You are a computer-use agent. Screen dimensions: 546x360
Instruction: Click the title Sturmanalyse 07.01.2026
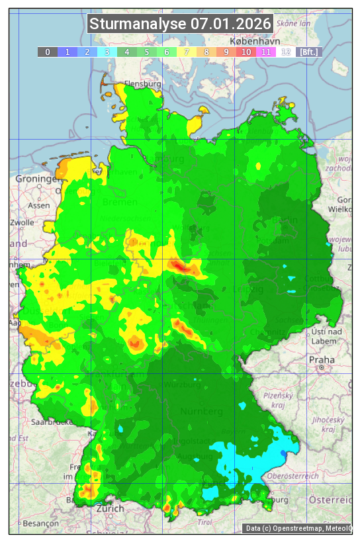click(180, 24)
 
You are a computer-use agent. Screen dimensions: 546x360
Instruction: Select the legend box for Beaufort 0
click(47, 52)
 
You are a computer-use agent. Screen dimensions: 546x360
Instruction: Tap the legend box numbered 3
click(107, 52)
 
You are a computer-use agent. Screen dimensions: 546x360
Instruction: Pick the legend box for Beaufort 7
click(187, 52)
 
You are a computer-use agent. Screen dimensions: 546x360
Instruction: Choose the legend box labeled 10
click(246, 52)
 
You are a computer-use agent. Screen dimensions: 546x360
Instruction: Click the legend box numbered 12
click(286, 52)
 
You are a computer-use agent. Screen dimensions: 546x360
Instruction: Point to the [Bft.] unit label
click(308, 52)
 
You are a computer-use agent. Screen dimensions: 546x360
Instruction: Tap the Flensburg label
click(142, 85)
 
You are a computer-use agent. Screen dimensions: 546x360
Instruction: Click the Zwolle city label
click(21, 222)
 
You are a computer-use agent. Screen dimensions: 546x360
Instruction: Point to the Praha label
click(321, 359)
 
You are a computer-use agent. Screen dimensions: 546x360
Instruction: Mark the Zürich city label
click(109, 508)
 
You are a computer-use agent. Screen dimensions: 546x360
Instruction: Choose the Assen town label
click(39, 205)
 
